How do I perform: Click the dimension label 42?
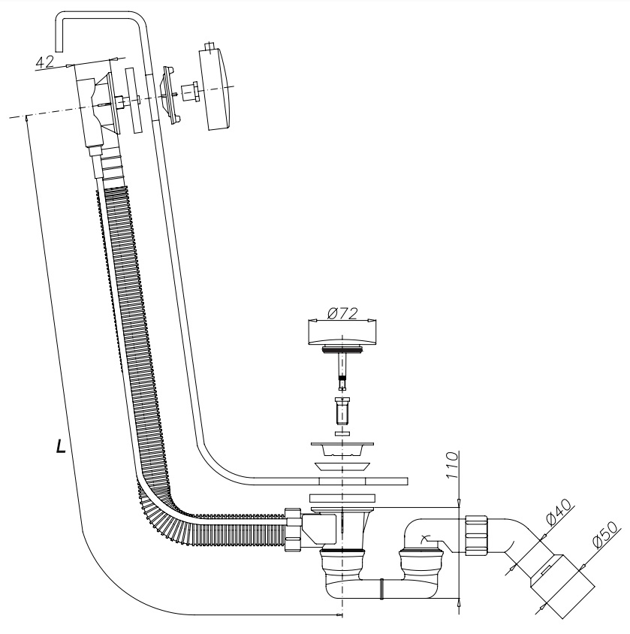pos(45,62)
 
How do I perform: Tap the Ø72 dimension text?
pos(342,313)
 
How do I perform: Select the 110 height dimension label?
pos(453,466)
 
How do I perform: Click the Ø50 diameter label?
pos(604,534)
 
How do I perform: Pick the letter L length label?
pos(61,445)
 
